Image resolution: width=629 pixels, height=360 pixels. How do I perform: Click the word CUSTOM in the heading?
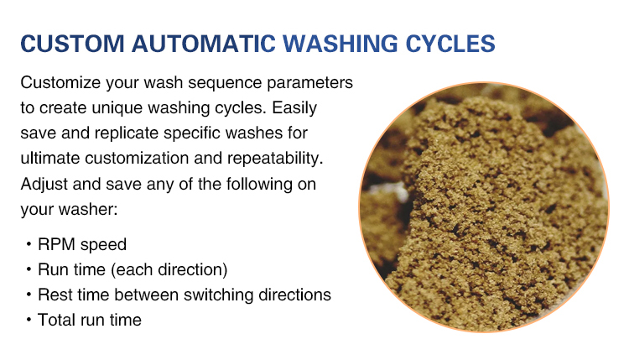coord(73,44)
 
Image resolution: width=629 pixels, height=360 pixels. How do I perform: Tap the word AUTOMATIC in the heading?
coord(204,44)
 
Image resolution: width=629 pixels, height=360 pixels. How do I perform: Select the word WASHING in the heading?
coord(340,44)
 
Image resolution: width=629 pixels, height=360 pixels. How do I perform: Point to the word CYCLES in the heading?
coord(450,44)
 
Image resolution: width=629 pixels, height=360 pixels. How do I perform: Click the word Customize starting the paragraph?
coord(60,83)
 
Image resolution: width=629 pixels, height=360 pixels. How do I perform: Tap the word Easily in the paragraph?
coord(295,108)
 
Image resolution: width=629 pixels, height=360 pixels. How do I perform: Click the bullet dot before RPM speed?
coord(29,243)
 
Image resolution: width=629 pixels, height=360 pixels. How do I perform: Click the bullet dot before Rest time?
coord(29,295)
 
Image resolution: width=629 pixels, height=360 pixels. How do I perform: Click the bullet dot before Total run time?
coord(29,320)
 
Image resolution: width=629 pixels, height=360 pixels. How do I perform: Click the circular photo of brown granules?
coord(484,207)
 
